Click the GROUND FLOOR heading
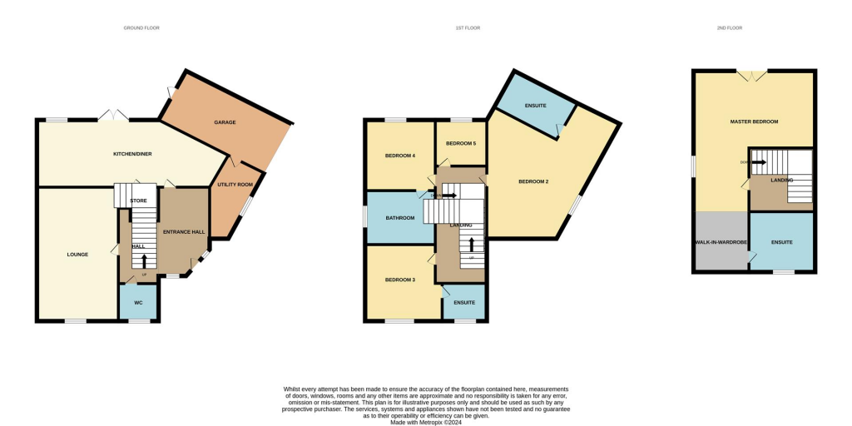[x=141, y=28]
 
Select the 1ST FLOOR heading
[x=468, y=28]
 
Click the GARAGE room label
[x=225, y=122]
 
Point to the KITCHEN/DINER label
[x=133, y=154]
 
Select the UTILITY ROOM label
[x=235, y=185]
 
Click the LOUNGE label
[x=77, y=254]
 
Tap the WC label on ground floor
[x=139, y=303]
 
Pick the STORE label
[x=138, y=201]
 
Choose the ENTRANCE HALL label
[x=184, y=232]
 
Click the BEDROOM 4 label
[x=400, y=156]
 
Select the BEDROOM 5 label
[x=461, y=143]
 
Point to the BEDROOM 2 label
[x=533, y=181]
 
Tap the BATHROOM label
[x=400, y=218]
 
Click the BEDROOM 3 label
[x=400, y=280]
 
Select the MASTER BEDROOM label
[x=754, y=122]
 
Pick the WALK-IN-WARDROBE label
[x=721, y=242]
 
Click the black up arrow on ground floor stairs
[x=144, y=261]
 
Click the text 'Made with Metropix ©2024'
[x=426, y=422]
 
